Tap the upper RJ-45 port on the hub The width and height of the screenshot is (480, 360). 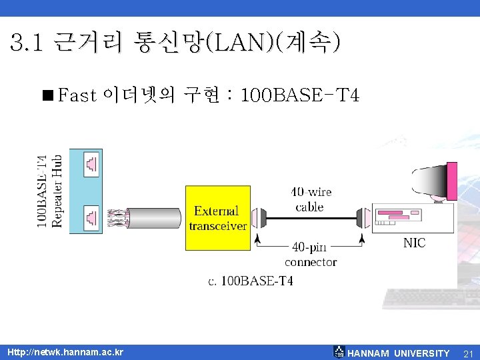coord(91,163)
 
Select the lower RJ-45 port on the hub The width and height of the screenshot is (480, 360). coord(91,217)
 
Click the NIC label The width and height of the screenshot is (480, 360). coord(414,243)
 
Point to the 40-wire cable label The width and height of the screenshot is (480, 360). coord(311,199)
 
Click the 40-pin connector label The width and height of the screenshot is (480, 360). coord(311,255)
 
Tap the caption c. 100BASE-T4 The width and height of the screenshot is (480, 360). coord(251,281)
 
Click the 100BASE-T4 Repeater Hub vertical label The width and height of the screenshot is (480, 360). coord(50,191)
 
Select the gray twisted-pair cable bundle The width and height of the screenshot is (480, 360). coord(153,218)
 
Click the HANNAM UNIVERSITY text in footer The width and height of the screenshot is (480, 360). coord(399,353)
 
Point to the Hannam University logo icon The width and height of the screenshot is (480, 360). coord(339,352)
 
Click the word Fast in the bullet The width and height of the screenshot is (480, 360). coord(78,96)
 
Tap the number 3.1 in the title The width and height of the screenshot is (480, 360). coord(27,43)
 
